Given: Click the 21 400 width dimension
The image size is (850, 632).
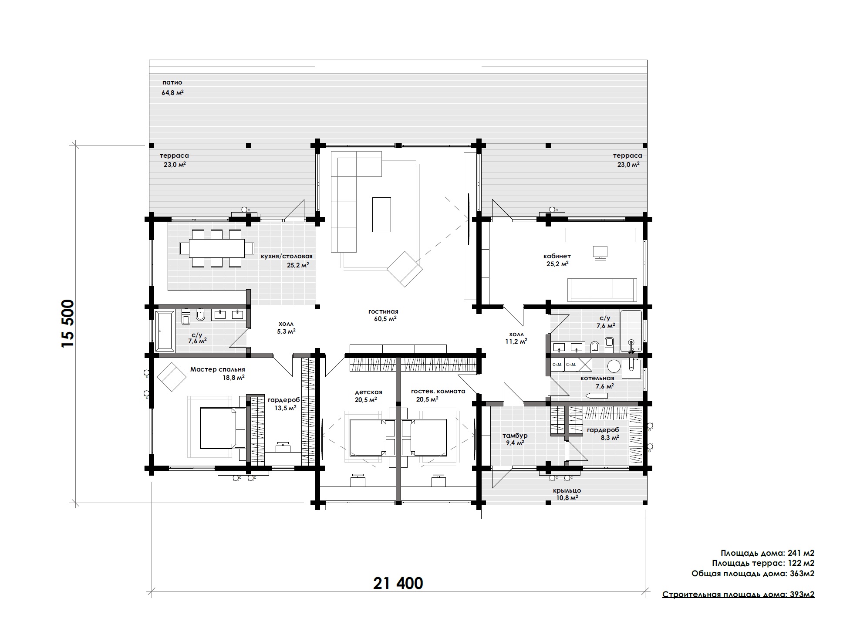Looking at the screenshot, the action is tap(398, 583).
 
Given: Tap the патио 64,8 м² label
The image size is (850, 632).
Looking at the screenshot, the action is tap(172, 87).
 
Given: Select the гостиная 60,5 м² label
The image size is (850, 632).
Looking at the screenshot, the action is tap(383, 315).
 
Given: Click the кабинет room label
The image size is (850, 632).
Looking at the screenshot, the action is tap(557, 256).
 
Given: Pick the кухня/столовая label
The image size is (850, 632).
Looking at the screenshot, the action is tap(287, 257).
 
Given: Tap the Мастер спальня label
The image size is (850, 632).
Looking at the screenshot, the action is tap(217, 369).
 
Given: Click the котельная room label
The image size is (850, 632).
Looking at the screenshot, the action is tap(597, 378).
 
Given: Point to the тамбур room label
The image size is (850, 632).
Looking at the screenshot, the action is tap(515, 436).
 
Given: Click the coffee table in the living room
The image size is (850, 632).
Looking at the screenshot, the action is tap(381, 214).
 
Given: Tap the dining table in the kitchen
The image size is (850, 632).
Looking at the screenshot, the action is tap(216, 248).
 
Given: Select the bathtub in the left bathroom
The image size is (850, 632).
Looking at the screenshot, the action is tap(165, 331).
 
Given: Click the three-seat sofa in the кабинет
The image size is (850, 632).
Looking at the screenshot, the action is tap(602, 290).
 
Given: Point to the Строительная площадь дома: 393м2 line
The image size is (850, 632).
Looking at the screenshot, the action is tap(739, 595).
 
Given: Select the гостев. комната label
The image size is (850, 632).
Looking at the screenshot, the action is tap(438, 391).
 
